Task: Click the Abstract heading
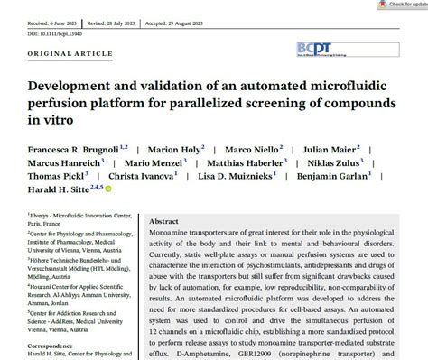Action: pos(163,222)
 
